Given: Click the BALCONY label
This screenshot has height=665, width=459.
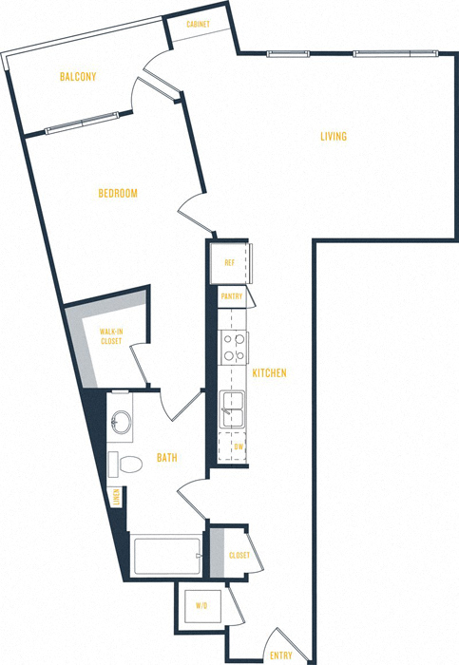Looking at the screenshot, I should (78, 76).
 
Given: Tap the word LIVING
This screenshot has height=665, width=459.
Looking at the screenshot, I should (333, 137).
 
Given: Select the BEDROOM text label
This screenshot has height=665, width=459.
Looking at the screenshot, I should (118, 194).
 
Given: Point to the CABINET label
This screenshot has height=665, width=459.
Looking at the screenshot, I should (199, 24).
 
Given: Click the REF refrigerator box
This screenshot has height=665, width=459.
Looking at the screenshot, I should (230, 263).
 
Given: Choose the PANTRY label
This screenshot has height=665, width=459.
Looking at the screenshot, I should (232, 297).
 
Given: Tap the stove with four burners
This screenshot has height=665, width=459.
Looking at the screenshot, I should (232, 348).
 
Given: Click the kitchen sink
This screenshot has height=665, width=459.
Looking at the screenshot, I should (232, 410).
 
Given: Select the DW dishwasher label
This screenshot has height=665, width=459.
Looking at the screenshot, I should (238, 446).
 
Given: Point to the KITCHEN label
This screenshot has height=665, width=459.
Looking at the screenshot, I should (270, 373).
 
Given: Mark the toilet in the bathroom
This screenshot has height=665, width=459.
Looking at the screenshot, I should (129, 464).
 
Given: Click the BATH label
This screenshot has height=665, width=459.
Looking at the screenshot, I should (166, 459).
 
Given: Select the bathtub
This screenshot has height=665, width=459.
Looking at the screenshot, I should (167, 556).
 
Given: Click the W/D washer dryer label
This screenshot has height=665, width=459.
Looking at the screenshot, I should (201, 604).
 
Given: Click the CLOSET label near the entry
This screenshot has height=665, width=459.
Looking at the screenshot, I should (239, 555).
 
